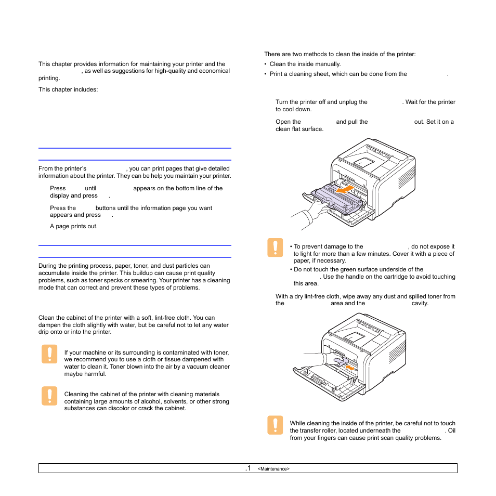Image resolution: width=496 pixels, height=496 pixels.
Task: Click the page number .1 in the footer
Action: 248,468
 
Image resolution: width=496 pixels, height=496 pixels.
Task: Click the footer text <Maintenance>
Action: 273,469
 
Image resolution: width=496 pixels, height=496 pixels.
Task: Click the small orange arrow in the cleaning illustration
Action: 351,368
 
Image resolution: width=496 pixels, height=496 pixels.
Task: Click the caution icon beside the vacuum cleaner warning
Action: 49,355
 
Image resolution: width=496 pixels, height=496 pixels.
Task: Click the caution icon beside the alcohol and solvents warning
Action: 49,396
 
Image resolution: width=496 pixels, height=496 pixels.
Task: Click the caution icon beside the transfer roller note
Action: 276,425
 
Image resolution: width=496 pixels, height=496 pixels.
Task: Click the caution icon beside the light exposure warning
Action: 276,248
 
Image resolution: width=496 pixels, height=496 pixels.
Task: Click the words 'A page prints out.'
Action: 74,226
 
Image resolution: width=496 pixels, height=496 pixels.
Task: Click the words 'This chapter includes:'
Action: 69,89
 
